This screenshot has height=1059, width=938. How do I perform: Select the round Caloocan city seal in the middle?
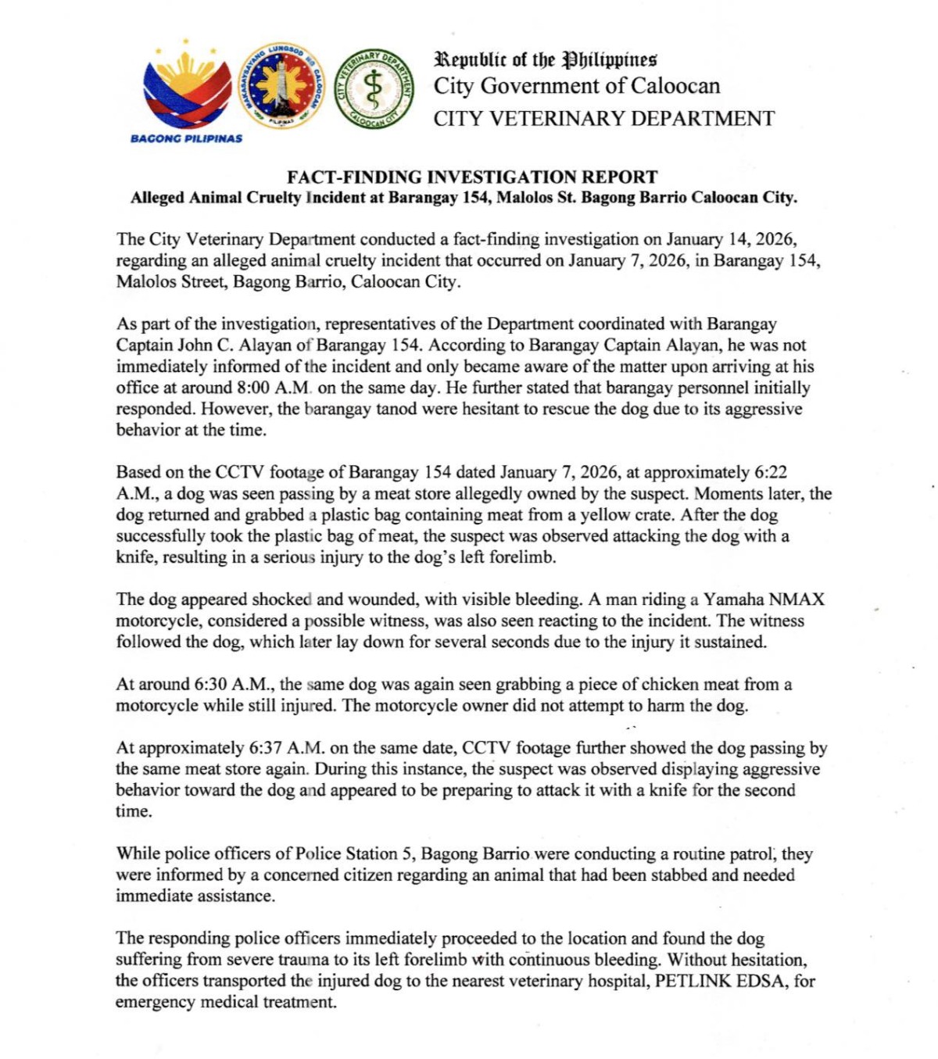click(281, 86)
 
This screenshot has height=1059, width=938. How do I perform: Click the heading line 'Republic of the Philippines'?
click(546, 59)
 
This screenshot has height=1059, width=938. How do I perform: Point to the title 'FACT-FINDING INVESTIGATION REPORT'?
click(472, 177)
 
